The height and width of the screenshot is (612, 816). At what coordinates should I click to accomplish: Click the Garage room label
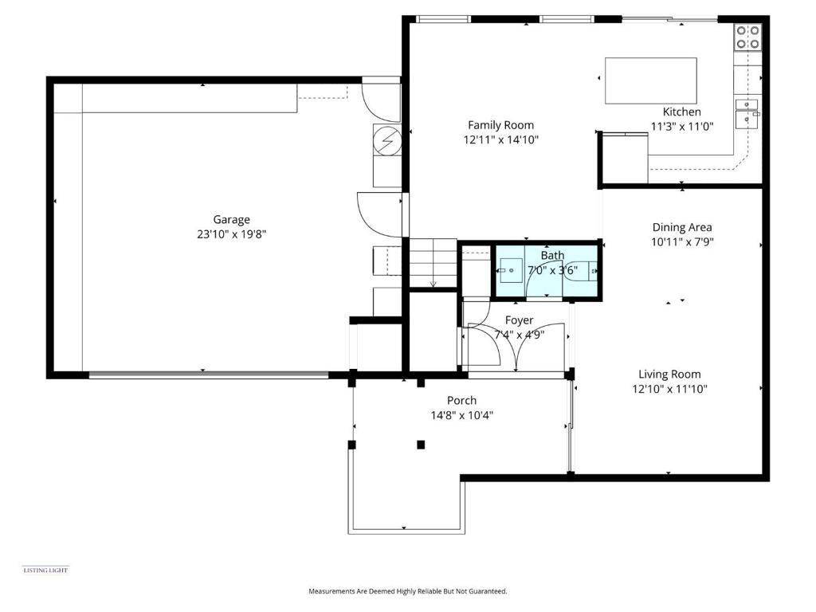(231, 220)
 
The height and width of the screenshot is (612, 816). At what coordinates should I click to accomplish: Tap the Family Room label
(500, 125)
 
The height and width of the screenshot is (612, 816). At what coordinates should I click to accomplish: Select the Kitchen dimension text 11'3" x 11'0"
(682, 126)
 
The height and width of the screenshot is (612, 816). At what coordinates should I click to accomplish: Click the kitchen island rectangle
(650, 80)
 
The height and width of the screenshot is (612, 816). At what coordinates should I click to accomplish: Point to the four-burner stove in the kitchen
(747, 37)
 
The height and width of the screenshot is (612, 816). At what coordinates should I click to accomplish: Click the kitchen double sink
(747, 113)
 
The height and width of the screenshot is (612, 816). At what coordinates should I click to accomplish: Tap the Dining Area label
(682, 227)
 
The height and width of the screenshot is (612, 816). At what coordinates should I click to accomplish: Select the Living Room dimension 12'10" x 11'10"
(669, 389)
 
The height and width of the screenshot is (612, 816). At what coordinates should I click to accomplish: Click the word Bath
(552, 256)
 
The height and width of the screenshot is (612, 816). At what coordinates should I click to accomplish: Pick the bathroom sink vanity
(510, 271)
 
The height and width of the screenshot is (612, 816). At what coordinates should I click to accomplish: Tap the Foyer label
(519, 320)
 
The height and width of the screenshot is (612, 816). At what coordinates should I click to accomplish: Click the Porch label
(461, 400)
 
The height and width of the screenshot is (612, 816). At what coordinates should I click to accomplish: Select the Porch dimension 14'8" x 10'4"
(461, 415)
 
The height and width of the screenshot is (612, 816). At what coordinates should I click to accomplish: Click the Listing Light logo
(45, 570)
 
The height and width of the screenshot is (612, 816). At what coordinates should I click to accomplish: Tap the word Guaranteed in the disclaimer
(488, 591)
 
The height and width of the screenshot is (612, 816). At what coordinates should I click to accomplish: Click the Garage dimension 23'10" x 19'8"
(231, 234)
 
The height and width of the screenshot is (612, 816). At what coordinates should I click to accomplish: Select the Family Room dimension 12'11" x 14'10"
(500, 139)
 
